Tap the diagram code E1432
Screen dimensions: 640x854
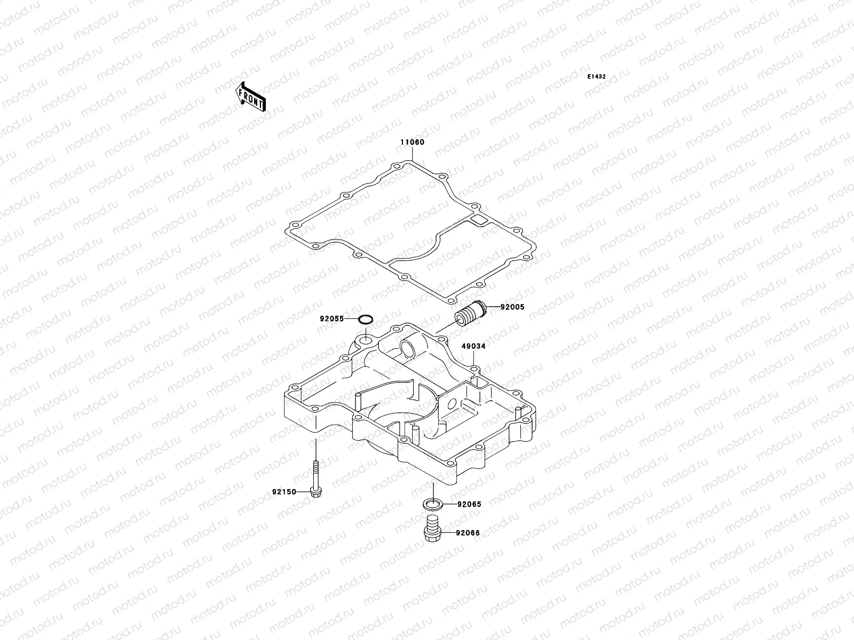(597, 77)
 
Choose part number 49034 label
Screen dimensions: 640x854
(473, 346)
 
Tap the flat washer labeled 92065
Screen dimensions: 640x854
(433, 503)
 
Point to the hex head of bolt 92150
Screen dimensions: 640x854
(315, 491)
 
